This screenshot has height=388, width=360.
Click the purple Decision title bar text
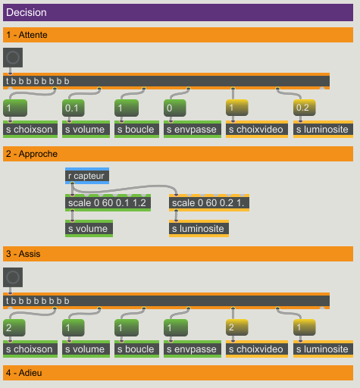click(x=27, y=12)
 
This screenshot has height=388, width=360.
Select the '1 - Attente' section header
click(x=27, y=35)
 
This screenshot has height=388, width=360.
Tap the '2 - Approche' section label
click(x=32, y=154)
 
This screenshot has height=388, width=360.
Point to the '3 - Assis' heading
click(x=23, y=254)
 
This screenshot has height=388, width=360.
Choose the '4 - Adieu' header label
click(x=24, y=373)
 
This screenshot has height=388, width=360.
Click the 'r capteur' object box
click(x=87, y=176)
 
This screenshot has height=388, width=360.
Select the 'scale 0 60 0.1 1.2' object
click(x=108, y=203)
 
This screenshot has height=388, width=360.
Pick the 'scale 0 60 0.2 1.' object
click(x=209, y=203)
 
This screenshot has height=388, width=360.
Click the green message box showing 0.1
click(x=74, y=108)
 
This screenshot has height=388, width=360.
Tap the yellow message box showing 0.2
click(x=305, y=108)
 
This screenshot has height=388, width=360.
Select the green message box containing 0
click(x=175, y=108)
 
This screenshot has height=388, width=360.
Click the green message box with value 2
click(x=14, y=327)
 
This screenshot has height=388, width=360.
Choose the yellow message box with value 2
click(x=237, y=327)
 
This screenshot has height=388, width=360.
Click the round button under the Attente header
click(x=13, y=58)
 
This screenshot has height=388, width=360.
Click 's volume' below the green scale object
click(x=89, y=229)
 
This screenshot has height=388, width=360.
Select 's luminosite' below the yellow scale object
click(x=199, y=229)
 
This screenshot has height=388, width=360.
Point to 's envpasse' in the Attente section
click(x=193, y=130)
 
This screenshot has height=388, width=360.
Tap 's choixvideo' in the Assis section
click(x=257, y=349)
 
